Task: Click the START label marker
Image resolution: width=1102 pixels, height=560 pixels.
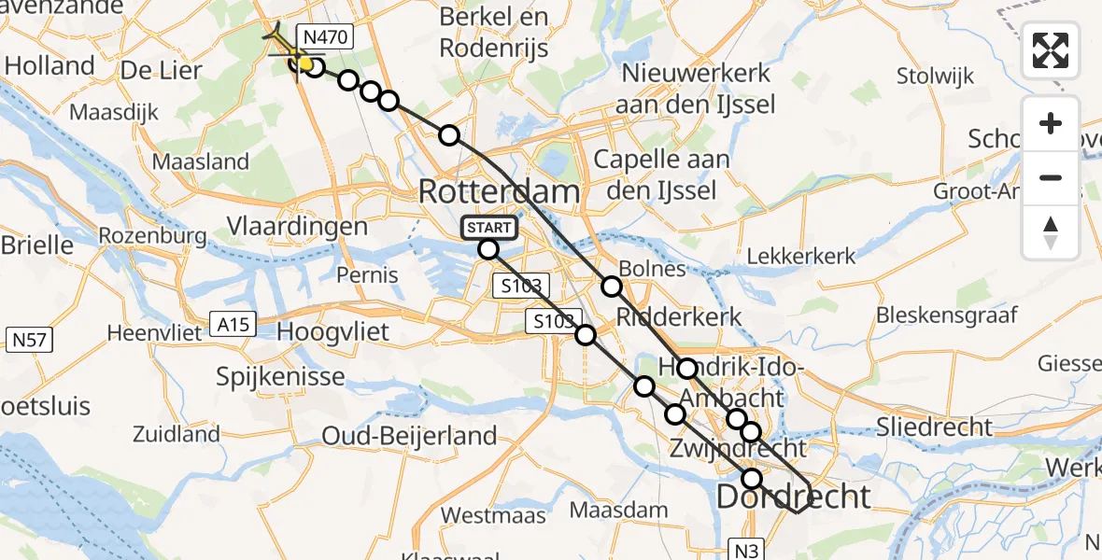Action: (x=487, y=228)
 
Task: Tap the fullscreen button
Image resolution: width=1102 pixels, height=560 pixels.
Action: (x=1051, y=50)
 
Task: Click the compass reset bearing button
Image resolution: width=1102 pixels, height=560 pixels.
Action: (x=1051, y=232)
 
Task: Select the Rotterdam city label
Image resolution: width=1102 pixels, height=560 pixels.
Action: (x=499, y=192)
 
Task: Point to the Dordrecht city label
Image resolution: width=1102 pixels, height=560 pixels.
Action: (x=793, y=496)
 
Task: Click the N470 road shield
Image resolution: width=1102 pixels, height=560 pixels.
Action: (x=323, y=37)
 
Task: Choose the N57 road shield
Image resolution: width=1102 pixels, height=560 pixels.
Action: (x=29, y=340)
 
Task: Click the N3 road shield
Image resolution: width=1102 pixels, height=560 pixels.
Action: (x=746, y=551)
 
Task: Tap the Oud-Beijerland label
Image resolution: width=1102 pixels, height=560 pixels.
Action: (x=409, y=436)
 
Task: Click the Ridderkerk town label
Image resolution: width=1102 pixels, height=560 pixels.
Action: (x=679, y=316)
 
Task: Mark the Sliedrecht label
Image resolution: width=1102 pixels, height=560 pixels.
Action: (x=934, y=427)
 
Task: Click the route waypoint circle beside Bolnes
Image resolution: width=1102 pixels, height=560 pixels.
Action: (x=612, y=287)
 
